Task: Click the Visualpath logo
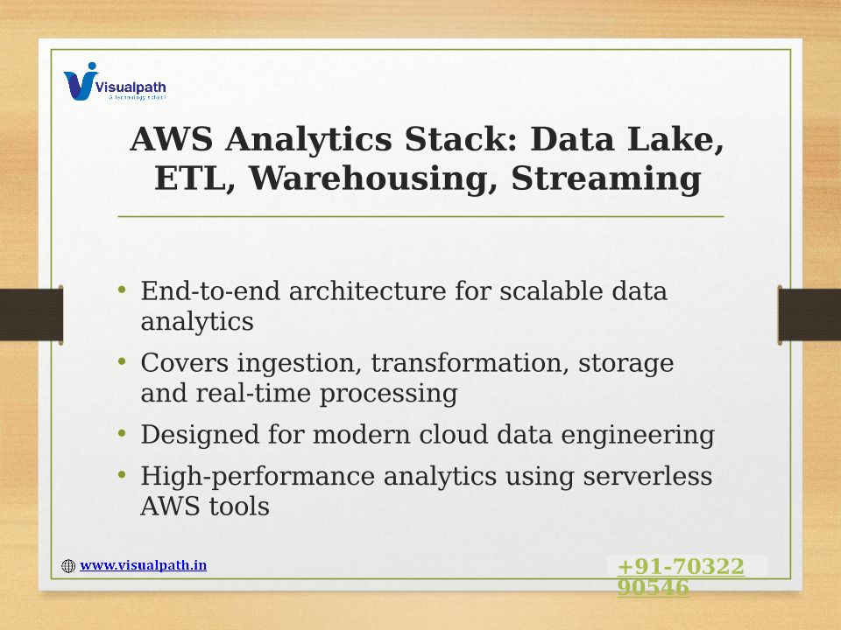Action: pos(114,82)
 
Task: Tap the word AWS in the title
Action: pos(171,139)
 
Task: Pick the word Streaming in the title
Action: pos(606,178)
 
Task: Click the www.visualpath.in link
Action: pos(143,565)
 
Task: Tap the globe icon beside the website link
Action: pos(68,566)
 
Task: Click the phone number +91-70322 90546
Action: pos(681,577)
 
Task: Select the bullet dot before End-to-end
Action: pos(122,290)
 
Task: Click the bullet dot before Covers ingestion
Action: pos(122,361)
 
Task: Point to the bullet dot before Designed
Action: pos(122,433)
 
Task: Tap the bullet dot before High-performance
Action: pos(122,474)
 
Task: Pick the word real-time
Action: pos(253,393)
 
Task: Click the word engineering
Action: pos(638,436)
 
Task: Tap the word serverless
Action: pos(647,476)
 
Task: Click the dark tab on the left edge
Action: pos(32,315)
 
